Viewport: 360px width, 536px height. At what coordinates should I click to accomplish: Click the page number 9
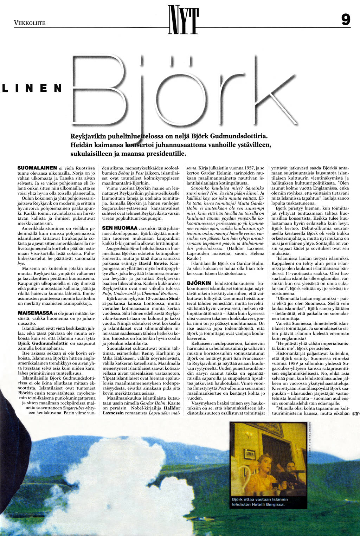click(346, 19)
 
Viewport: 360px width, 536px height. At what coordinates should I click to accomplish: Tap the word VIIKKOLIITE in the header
click(30, 23)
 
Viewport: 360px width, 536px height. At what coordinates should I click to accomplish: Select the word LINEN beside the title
click(32, 88)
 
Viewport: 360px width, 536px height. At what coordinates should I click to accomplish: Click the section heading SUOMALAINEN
click(37, 168)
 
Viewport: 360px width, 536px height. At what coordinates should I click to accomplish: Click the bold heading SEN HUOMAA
click(117, 228)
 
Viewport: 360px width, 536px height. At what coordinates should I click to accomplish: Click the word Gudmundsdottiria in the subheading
click(236, 136)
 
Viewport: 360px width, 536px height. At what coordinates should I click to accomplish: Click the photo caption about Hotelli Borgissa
click(260, 502)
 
